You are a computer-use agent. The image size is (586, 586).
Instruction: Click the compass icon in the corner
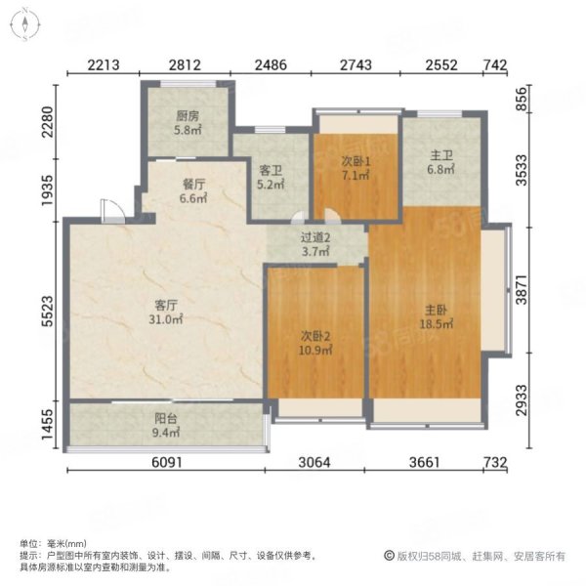click(x=24, y=24)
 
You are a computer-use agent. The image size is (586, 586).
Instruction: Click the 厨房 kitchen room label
click(x=188, y=116)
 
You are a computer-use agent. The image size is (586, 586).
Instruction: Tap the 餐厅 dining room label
click(x=194, y=185)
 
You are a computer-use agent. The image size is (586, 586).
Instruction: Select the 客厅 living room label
click(x=166, y=306)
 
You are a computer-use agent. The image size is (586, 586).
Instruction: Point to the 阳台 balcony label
click(x=166, y=419)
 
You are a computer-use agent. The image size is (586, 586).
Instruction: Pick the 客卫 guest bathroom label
click(x=271, y=170)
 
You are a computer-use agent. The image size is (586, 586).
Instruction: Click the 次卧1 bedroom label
click(x=356, y=161)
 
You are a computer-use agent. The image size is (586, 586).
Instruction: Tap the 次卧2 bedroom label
click(x=315, y=336)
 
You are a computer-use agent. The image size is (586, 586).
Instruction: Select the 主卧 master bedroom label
click(x=436, y=311)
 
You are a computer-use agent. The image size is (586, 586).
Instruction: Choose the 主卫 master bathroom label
click(x=441, y=155)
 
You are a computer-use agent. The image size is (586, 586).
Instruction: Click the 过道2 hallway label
click(x=315, y=237)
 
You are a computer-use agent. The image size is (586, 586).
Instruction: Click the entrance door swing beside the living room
click(x=112, y=211)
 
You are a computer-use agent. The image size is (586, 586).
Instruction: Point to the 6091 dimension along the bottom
click(x=167, y=462)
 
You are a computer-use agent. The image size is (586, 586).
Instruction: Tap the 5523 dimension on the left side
click(x=49, y=312)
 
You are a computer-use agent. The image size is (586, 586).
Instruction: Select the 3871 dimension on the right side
click(x=522, y=290)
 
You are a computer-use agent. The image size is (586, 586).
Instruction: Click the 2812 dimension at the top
click(x=185, y=65)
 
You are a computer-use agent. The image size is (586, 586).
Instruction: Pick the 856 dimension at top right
click(x=522, y=99)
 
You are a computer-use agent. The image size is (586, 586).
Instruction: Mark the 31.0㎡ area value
click(x=166, y=319)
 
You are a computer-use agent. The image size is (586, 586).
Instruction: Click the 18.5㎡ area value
click(x=437, y=324)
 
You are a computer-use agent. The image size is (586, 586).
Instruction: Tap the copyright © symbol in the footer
click(x=389, y=556)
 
